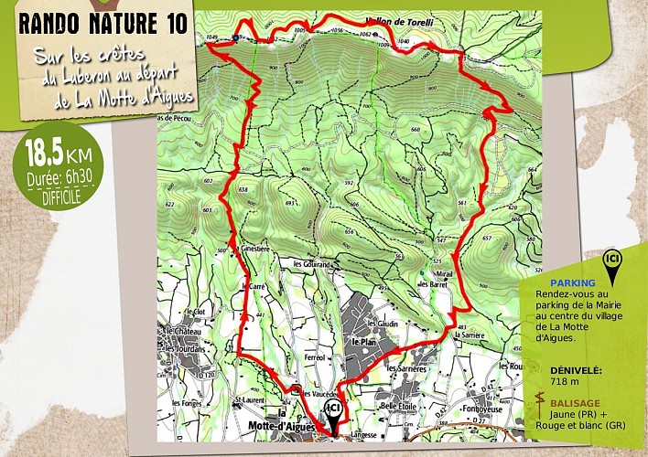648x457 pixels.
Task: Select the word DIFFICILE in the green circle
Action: tap(60, 195)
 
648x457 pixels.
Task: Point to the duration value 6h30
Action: tap(78, 179)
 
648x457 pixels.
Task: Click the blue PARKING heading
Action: tap(573, 283)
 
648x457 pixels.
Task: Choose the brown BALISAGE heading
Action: tap(577, 402)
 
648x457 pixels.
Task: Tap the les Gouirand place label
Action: tap(311, 264)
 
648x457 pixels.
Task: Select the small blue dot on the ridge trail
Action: tap(236, 37)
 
